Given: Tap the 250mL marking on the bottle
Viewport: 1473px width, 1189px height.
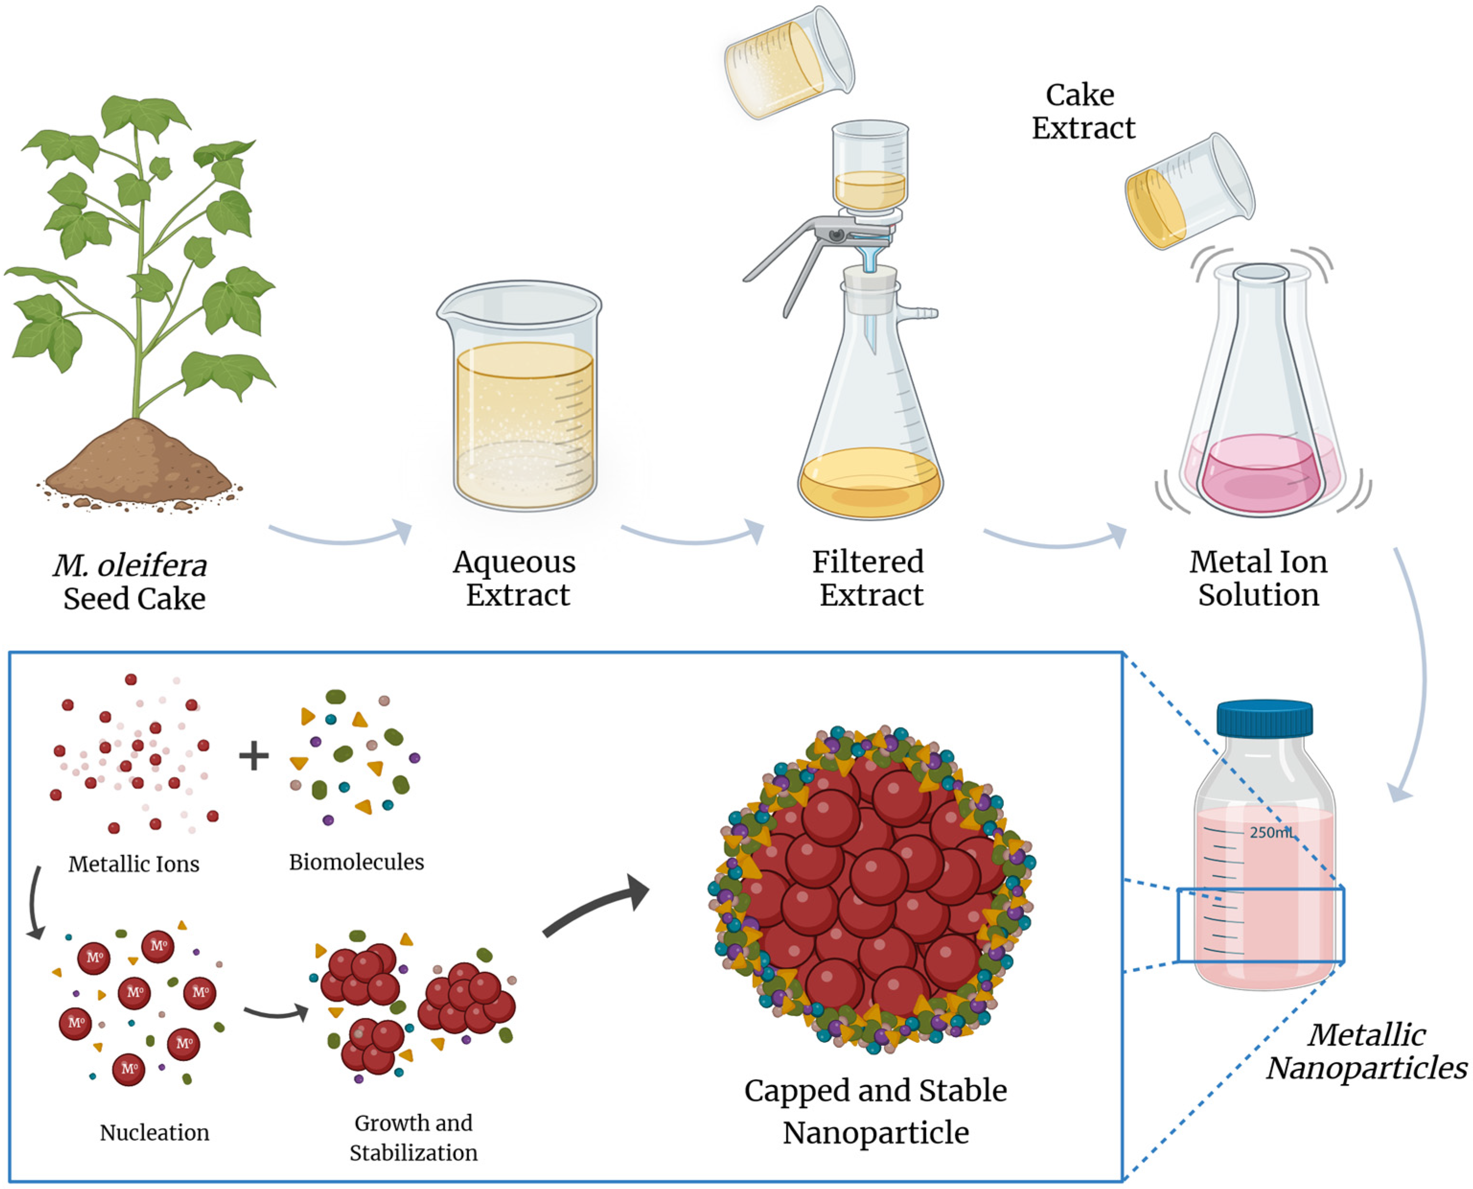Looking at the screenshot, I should (x=1271, y=833).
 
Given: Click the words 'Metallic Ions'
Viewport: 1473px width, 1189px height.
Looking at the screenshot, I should (x=134, y=864).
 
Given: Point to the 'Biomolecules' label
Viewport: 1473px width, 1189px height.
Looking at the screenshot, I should (x=356, y=862).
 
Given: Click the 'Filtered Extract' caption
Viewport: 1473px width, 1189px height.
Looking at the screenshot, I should (x=869, y=579).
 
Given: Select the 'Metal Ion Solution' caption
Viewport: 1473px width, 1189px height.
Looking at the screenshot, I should (x=1258, y=579).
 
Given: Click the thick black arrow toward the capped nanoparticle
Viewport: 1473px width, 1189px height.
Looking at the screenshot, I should (x=596, y=904).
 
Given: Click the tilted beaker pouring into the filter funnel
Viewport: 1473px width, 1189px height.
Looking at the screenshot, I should (x=788, y=63).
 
